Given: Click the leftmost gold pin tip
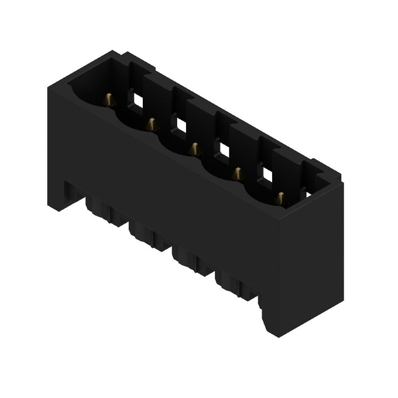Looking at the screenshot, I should coord(109,100).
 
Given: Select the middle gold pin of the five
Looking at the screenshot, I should coord(195,148).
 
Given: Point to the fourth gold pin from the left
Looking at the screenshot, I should coord(238,173).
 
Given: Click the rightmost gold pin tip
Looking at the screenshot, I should coord(281,198).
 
